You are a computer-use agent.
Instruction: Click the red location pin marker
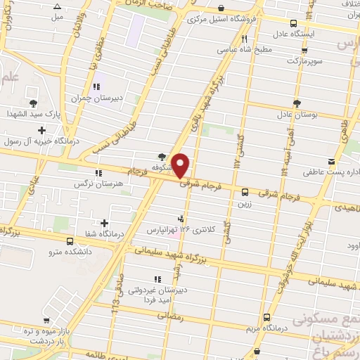[181, 165]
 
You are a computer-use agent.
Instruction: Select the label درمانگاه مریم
[266, 328]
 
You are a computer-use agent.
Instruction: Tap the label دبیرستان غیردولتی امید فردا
[157, 294]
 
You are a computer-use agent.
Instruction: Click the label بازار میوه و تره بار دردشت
[44, 335]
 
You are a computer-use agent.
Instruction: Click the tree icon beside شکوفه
[163, 157]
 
